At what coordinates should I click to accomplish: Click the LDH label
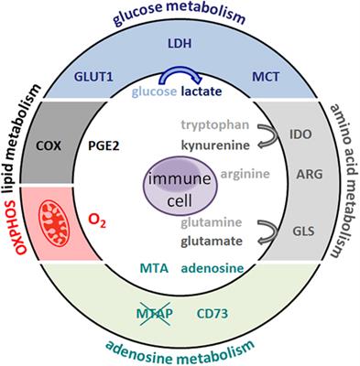[x=180, y=47]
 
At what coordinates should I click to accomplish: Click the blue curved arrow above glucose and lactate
[x=180, y=76]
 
